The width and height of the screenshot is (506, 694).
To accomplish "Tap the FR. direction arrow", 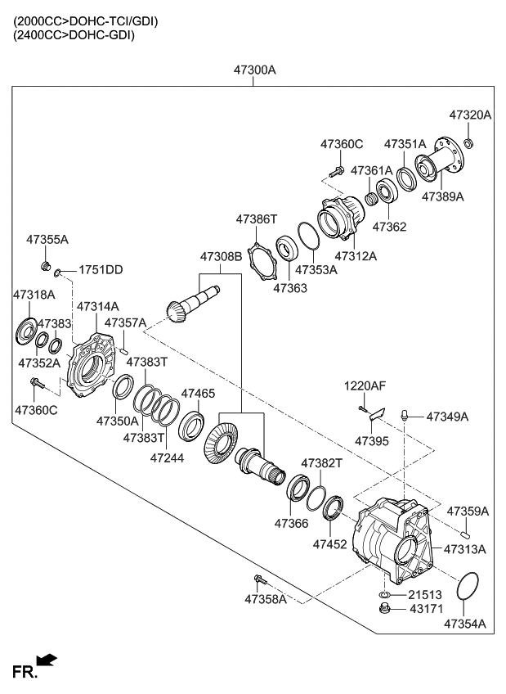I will tap(48, 660).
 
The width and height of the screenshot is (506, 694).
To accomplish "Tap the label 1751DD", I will tap(101, 270).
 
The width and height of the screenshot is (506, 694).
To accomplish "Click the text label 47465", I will tap(198, 394).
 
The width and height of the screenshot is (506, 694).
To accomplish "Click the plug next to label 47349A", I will tap(404, 417).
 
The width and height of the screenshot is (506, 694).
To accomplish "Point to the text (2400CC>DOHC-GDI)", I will tap(75, 35).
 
